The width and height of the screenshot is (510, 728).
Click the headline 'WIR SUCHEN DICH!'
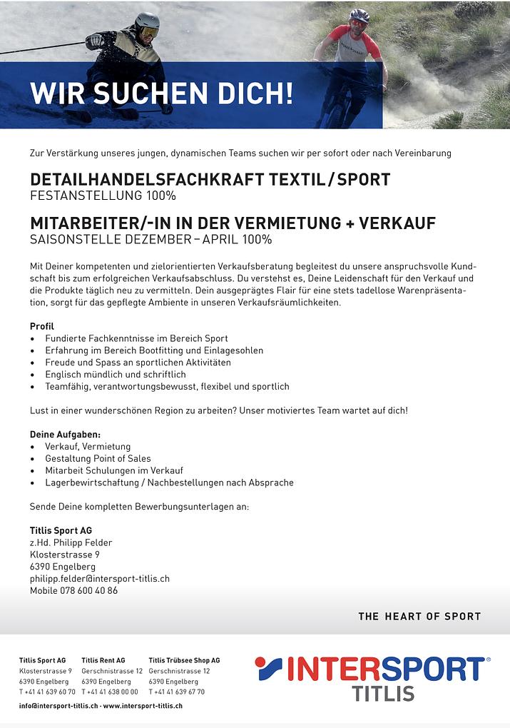point(161,93)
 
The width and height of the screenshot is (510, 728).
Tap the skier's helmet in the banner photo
point(147,21)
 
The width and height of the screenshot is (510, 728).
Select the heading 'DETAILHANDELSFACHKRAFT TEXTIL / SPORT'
point(210,179)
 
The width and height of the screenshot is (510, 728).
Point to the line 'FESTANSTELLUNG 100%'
point(103,196)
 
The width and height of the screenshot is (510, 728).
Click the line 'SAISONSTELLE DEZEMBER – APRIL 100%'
point(151,239)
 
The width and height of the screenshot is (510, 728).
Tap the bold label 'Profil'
point(41,326)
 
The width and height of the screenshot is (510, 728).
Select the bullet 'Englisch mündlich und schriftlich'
point(115,374)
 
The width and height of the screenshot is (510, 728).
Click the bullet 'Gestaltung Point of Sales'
point(98,458)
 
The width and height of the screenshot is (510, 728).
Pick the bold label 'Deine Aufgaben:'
point(65,434)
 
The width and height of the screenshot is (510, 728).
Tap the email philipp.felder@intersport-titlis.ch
point(99,578)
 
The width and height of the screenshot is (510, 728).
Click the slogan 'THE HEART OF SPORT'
point(419,616)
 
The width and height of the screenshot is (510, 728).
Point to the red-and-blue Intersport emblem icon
point(269,669)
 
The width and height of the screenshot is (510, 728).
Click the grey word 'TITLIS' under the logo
point(383,693)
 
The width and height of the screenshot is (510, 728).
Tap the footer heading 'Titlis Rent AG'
point(103,660)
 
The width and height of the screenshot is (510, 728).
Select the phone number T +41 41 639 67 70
point(176,692)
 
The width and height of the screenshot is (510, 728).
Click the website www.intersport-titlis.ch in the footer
point(143,705)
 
